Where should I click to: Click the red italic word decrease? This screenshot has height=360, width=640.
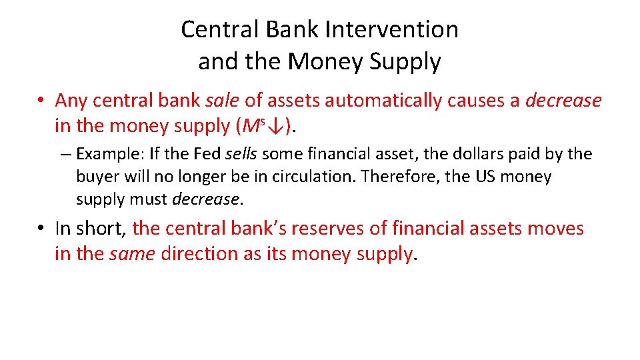pos(563,101)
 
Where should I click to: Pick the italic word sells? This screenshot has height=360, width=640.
pos(242,154)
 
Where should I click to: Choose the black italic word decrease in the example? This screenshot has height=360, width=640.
pos(205,199)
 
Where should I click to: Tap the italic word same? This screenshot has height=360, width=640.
pos(133,254)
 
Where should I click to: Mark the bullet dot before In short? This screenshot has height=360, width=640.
pos(41,229)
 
